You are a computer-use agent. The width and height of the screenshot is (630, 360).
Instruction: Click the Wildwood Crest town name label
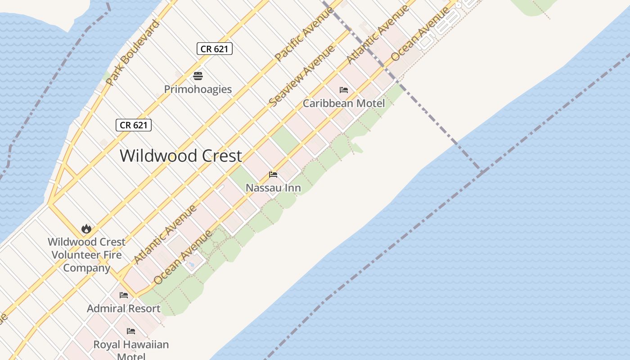coord(181,156)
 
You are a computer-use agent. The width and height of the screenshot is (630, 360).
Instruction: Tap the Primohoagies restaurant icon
coord(198,76)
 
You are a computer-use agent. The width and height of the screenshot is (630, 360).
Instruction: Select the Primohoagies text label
coord(198,89)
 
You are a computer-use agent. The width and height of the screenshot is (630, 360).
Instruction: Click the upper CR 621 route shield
coord(215,49)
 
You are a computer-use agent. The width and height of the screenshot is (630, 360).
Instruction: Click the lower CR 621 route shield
coord(134,125)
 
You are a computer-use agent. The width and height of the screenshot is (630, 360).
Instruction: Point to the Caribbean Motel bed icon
coord(344,90)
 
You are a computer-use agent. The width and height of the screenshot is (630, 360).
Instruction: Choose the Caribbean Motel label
coord(344,103)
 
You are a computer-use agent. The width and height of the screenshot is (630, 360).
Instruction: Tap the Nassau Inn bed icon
coord(273,174)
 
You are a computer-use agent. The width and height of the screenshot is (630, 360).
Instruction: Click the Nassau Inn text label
coord(273,188)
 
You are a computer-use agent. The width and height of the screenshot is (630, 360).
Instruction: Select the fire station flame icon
coord(86,229)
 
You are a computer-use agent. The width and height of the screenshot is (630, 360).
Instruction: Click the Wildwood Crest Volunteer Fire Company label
coord(87,255)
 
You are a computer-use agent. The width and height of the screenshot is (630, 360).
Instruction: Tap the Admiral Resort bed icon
coord(124,295)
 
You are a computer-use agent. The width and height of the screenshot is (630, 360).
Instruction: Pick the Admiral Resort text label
coord(124,309)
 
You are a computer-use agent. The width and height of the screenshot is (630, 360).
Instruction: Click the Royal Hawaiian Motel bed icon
coord(131,331)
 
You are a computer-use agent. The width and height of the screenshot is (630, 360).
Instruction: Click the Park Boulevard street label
coord(133,52)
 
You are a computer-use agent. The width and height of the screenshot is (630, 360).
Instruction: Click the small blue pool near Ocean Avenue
coord(192,265)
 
